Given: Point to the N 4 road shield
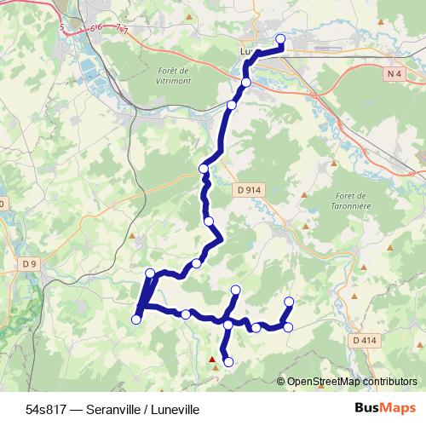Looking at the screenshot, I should coord(393,74).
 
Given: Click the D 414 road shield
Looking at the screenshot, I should coord(364,340).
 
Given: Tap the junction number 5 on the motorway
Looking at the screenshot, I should coord(62,28).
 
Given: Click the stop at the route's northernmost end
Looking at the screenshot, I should coord(280,38).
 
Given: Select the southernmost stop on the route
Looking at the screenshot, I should coord(227,362).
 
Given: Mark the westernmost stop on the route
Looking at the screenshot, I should coord(135,319).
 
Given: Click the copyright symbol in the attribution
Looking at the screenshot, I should coord(281,381).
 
